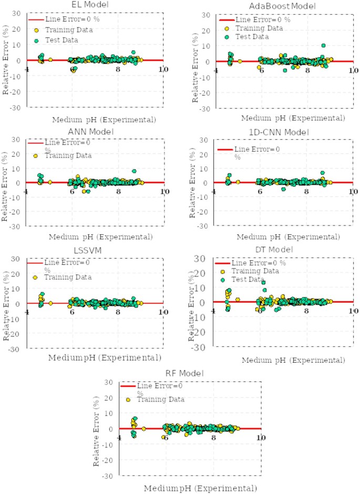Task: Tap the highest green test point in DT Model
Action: point(263,283)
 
